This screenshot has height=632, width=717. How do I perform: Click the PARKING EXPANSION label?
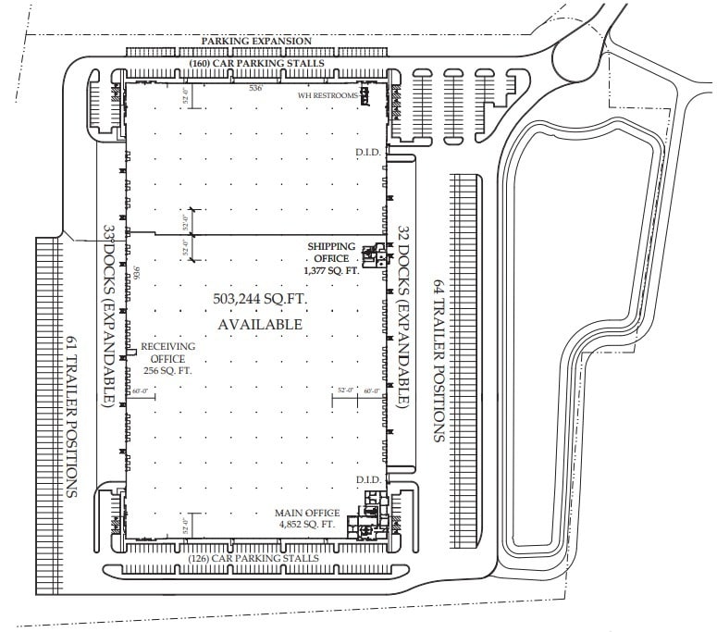pyautogui.click(x=257, y=42)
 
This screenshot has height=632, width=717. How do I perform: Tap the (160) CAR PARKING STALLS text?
pyautogui.click(x=257, y=63)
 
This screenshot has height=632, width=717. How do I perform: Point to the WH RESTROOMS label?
pyautogui.click(x=326, y=94)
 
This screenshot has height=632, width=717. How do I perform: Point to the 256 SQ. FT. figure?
pyautogui.click(x=167, y=371)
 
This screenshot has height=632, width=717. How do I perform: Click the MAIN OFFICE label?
pyautogui.click(x=307, y=513)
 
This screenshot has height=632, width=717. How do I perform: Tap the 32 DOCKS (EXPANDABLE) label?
pyautogui.click(x=403, y=315)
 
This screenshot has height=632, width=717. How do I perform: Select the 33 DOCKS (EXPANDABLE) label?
pyautogui.click(x=109, y=315)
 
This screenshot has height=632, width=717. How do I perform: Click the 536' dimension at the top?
pyautogui.click(x=256, y=89)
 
